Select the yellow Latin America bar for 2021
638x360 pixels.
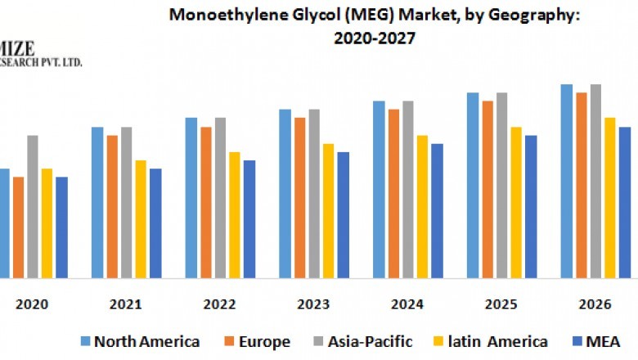click(x=141, y=218)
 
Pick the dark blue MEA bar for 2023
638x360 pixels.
click(x=343, y=214)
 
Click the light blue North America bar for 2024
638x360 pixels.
click(x=379, y=189)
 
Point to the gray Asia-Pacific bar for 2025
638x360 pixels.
click(x=501, y=185)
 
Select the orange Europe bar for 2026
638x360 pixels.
click(x=581, y=185)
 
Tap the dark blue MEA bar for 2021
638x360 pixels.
click(x=155, y=223)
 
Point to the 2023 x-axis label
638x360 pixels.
click(x=314, y=304)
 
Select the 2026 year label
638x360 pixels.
click(x=595, y=304)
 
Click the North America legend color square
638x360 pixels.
click(x=84, y=341)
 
